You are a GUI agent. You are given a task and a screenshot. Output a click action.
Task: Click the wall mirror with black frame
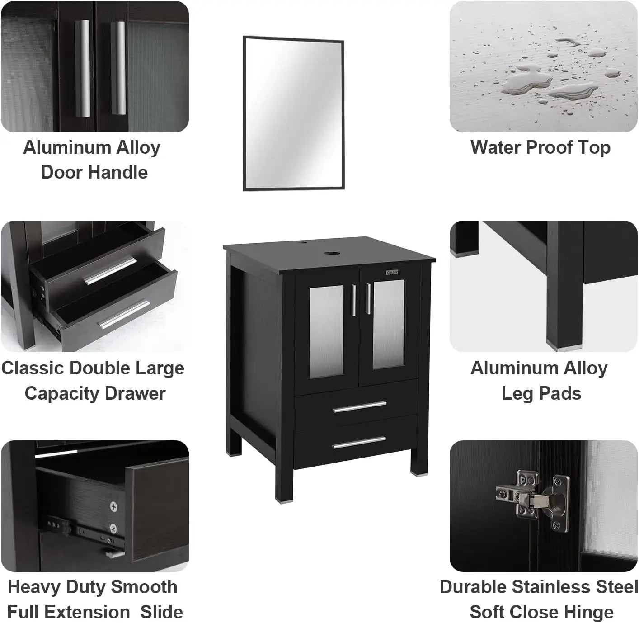click(x=294, y=113)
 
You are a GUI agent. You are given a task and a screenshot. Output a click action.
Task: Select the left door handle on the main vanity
click(x=353, y=298)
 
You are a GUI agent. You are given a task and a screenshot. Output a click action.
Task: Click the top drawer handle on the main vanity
click(x=360, y=407)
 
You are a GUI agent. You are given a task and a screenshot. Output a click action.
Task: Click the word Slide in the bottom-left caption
click(x=161, y=612)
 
